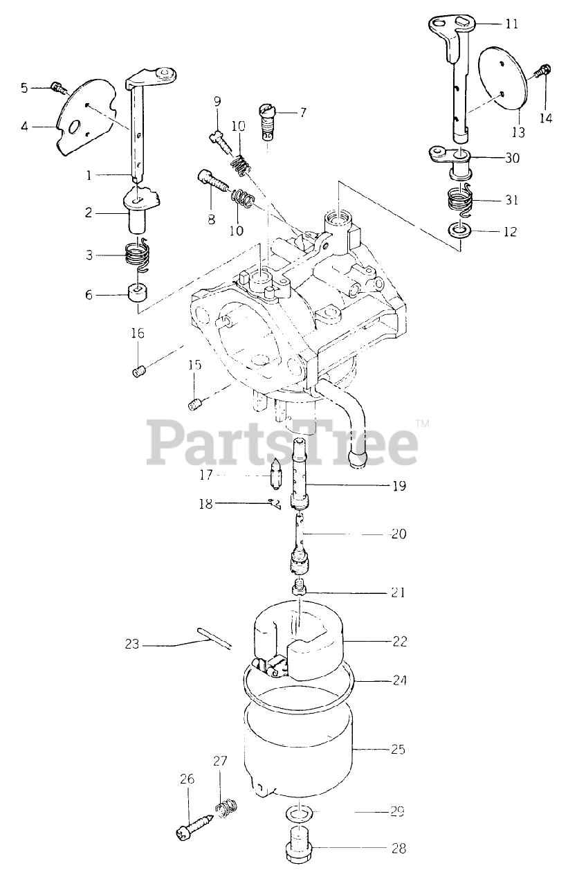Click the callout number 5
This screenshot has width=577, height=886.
[x=24, y=88]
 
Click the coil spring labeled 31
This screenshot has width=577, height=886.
[x=459, y=199]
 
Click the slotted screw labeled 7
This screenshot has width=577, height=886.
[x=267, y=121]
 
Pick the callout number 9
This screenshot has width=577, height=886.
[x=217, y=102]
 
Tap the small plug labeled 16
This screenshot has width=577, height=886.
[x=138, y=372]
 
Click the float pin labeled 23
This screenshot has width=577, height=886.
[x=214, y=637]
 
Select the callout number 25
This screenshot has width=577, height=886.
[x=397, y=749]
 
